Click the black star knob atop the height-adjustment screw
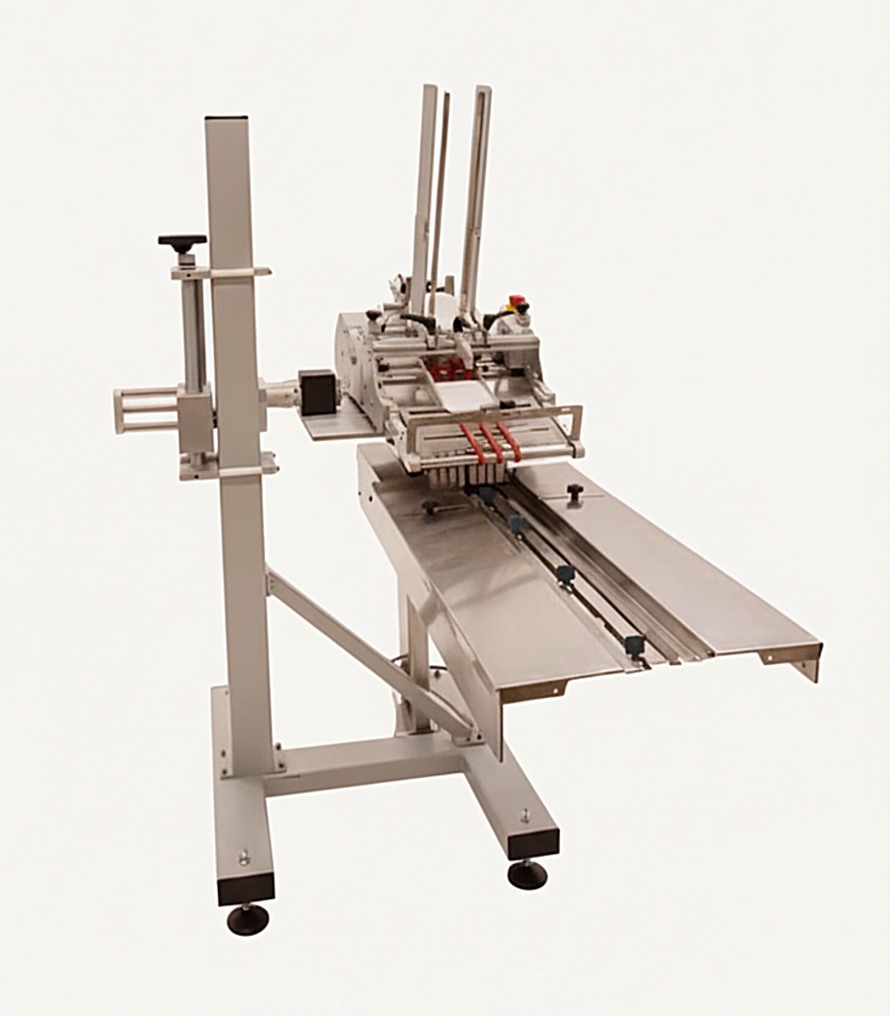click(182, 240)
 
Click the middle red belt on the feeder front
click(495, 441)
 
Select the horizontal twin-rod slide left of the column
click(146, 410)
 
